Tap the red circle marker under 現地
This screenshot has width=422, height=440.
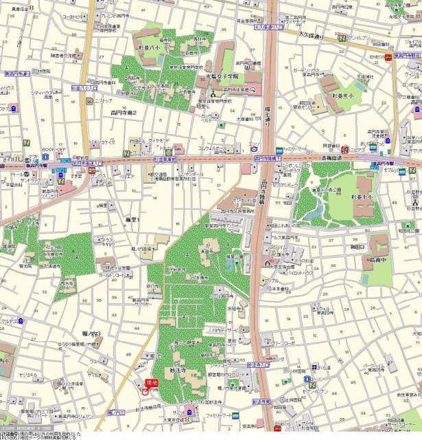(145, 391)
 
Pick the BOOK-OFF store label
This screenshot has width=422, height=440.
(54, 149)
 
